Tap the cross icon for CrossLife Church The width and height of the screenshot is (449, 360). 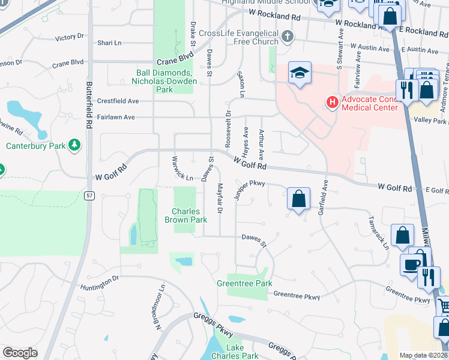coord(288,37)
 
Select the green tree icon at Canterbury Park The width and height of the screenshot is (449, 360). coord(74,145)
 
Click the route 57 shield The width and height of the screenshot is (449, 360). coord(89,196)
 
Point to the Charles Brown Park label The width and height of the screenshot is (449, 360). coord(190,215)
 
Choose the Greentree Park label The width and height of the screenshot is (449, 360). coord(244,283)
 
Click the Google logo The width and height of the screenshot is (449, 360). coord(20,353)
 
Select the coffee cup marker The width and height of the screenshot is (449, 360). coord(412,265)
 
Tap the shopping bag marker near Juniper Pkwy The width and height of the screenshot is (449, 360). coord(298,199)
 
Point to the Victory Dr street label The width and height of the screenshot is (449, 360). coord(69,37)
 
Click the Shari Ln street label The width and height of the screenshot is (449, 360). coord(109,43)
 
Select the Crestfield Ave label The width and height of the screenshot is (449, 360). coord(118,101)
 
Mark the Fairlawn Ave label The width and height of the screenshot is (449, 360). coord(116,117)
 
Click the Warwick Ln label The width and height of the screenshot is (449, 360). coord(181,171)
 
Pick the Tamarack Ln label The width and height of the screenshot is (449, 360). coord(379,233)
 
